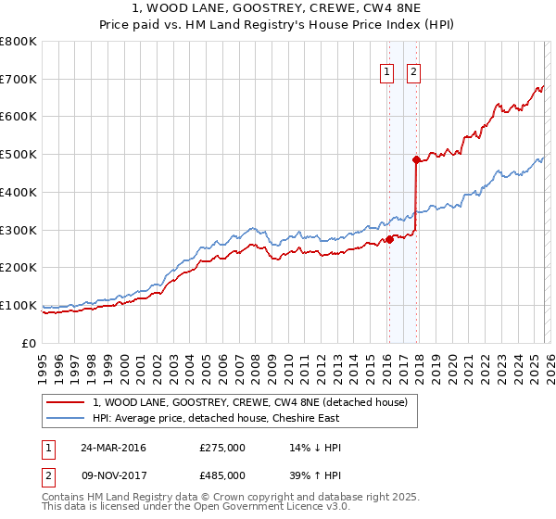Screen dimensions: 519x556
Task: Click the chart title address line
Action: tap(277, 8)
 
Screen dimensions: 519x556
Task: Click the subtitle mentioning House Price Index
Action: tap(277, 24)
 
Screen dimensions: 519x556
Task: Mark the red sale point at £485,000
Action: tap(416, 160)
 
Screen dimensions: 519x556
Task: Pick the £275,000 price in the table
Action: tap(222, 448)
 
